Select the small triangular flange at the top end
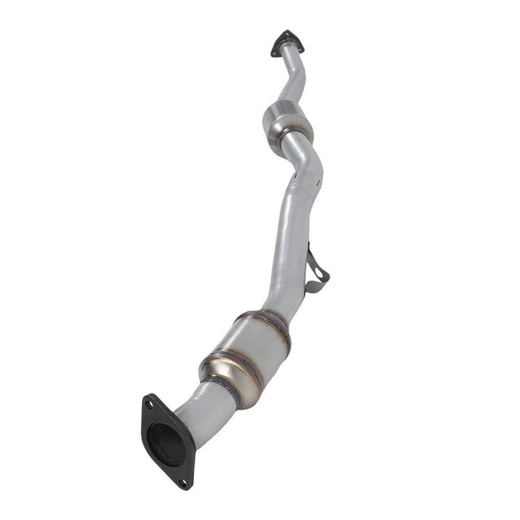287,42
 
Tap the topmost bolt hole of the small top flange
285,33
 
